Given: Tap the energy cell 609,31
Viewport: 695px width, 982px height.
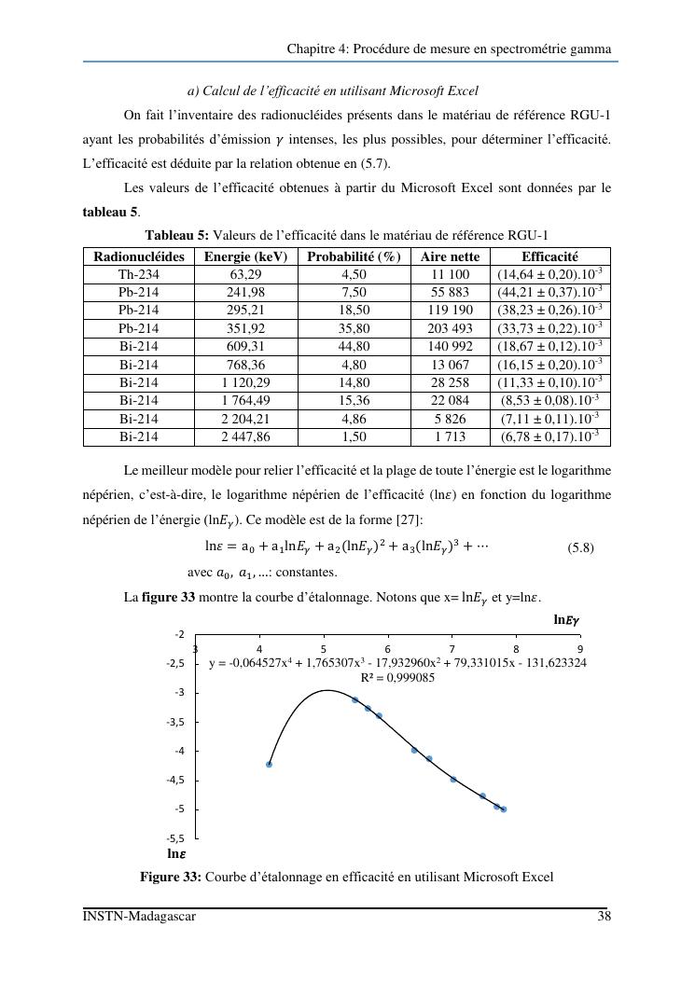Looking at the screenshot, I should coord(244,346).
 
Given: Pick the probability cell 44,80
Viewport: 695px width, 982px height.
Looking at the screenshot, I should coord(354,346).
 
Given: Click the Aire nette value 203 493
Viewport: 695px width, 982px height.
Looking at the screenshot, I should coord(450,328).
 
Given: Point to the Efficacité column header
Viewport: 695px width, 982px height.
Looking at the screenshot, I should coord(549,256).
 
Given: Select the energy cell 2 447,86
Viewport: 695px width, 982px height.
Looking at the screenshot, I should coord(244,436).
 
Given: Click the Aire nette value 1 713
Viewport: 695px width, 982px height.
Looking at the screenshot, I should coord(450,436).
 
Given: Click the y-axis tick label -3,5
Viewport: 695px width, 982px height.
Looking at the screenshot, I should coord(176,722).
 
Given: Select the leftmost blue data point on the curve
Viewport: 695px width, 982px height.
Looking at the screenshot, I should coord(269,765).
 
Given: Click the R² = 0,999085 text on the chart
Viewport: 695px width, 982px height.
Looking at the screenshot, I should coord(397,678).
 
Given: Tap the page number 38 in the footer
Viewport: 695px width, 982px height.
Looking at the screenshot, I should coord(604,917).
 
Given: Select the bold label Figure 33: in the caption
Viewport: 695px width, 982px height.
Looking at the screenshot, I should coord(171,877).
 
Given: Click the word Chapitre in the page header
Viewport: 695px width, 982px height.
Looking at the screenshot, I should coord(310,48).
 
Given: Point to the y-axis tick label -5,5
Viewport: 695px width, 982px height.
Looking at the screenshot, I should coord(176,838).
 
